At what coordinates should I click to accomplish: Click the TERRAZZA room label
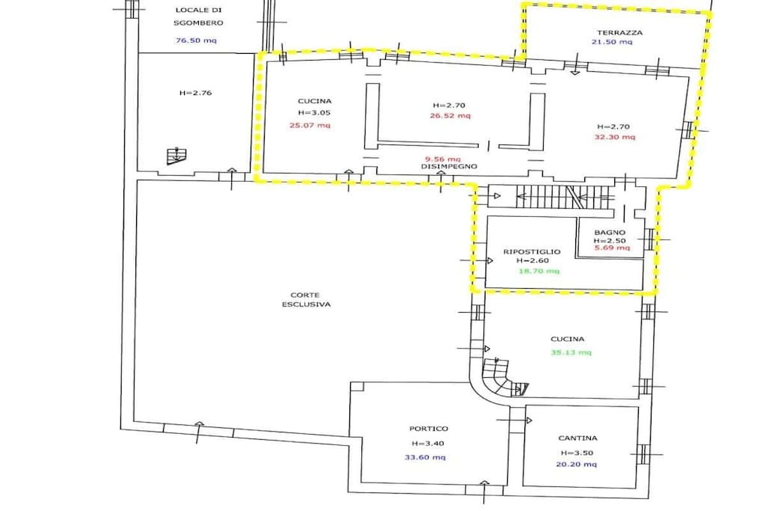(x=619, y=33)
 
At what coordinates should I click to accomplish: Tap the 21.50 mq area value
(x=612, y=42)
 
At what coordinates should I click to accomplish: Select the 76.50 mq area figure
(x=196, y=40)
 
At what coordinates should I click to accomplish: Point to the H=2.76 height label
(x=195, y=93)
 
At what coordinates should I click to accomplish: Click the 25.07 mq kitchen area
(x=310, y=125)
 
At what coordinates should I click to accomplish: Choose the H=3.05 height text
(x=314, y=112)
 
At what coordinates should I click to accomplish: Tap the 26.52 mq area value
(x=450, y=116)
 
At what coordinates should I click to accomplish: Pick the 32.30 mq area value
(x=615, y=137)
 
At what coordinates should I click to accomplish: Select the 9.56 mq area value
(x=443, y=159)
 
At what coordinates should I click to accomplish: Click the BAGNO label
(x=610, y=233)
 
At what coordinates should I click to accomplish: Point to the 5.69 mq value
(x=612, y=248)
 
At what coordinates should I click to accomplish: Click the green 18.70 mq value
(x=539, y=271)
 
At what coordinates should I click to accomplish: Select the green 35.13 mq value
(x=571, y=352)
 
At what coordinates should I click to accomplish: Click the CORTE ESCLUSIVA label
(x=306, y=299)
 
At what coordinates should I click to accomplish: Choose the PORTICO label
(x=429, y=429)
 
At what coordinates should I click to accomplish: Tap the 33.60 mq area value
(x=425, y=457)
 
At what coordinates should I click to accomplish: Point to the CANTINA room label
(x=577, y=438)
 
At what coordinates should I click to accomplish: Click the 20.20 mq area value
(x=577, y=464)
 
